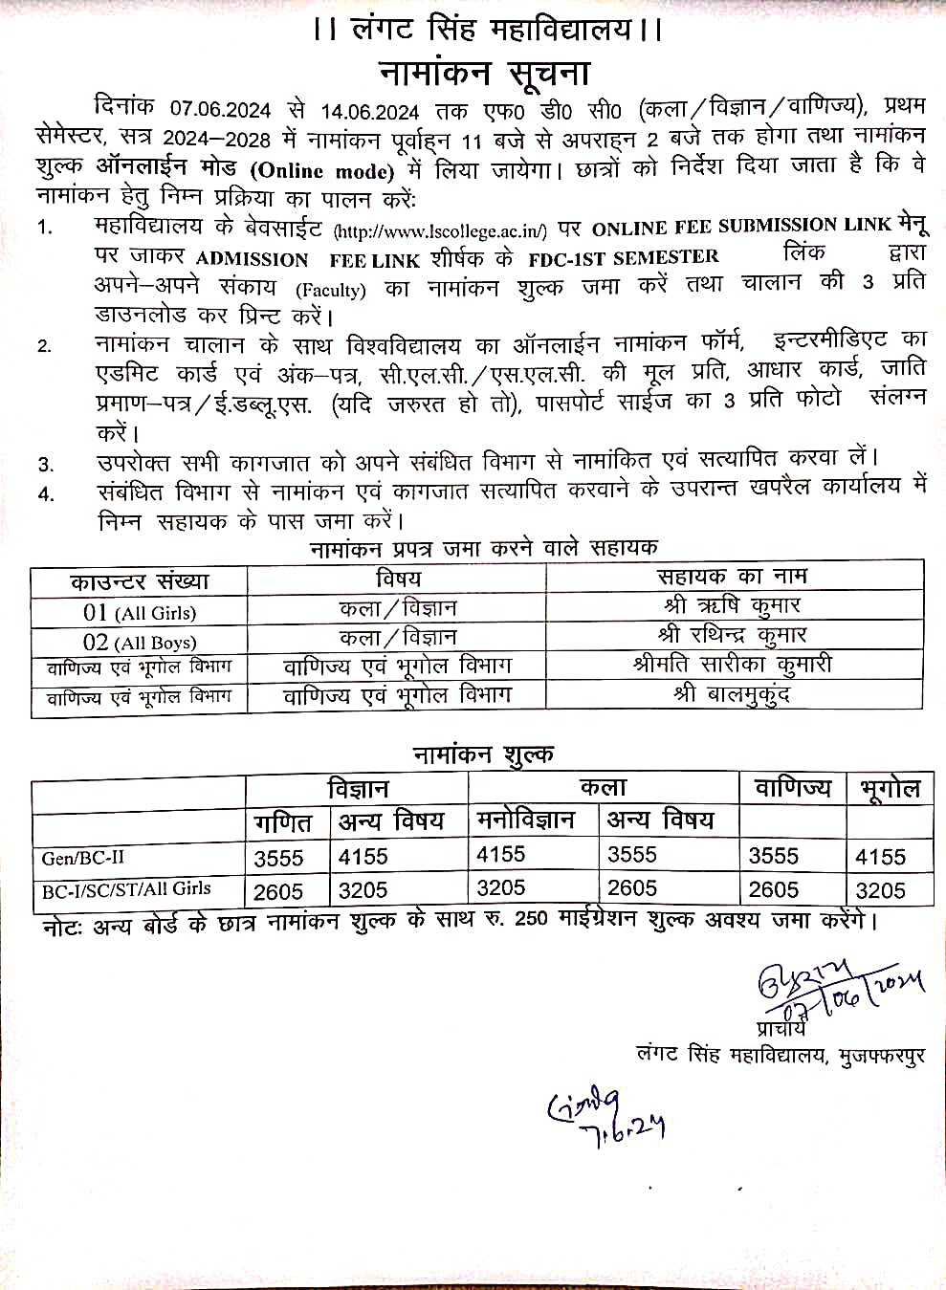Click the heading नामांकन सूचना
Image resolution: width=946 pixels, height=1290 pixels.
click(x=484, y=74)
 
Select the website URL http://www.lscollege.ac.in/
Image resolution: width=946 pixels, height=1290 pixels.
click(x=440, y=230)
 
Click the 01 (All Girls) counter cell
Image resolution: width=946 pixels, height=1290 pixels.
click(x=139, y=612)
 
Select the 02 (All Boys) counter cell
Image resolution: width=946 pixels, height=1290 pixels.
click(x=139, y=642)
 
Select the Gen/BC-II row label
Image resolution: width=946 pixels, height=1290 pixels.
click(x=83, y=858)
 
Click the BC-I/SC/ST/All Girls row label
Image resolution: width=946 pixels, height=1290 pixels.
click(x=126, y=888)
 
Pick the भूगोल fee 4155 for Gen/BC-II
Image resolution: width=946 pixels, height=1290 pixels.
click(x=880, y=858)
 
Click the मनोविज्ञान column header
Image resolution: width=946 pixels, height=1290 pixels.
click(x=526, y=820)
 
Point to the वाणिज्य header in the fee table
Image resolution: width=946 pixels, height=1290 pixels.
click(x=793, y=789)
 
